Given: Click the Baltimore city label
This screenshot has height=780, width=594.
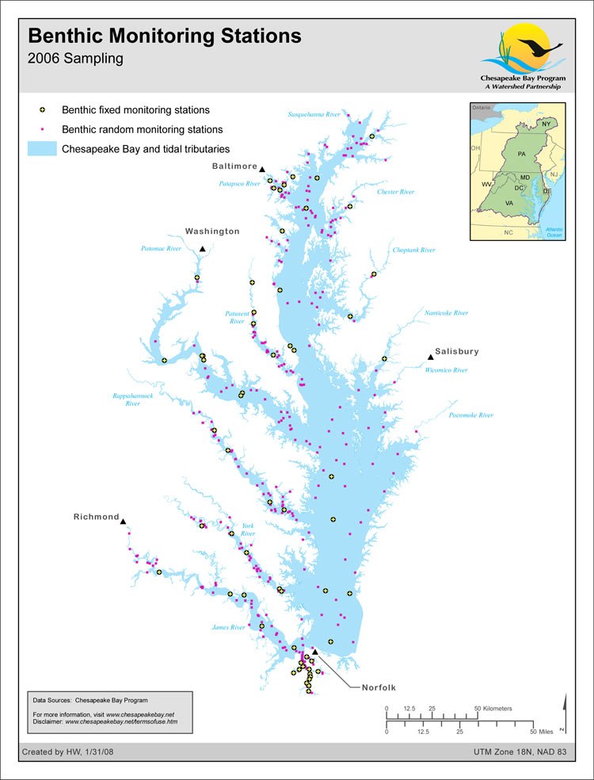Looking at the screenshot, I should coord(234,166).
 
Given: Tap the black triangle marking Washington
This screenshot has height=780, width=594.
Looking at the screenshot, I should coord(203,249).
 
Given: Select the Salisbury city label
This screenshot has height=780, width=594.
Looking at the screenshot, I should coord(458,351).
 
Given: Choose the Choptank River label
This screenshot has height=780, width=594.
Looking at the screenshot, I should coord(414,250).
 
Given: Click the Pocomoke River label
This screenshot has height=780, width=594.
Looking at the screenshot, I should coord(470,415).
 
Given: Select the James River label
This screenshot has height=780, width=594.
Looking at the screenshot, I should coord(227,627).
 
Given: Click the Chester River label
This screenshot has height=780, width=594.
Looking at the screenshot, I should coord(396,192).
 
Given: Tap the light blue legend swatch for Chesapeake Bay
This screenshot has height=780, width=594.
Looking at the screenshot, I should coord(42,149).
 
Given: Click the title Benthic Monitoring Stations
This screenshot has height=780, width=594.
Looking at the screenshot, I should coord(165,36).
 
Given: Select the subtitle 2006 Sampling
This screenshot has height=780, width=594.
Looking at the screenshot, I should coord(75,58).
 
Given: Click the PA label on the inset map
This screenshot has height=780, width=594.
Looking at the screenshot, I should coord(521,152).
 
